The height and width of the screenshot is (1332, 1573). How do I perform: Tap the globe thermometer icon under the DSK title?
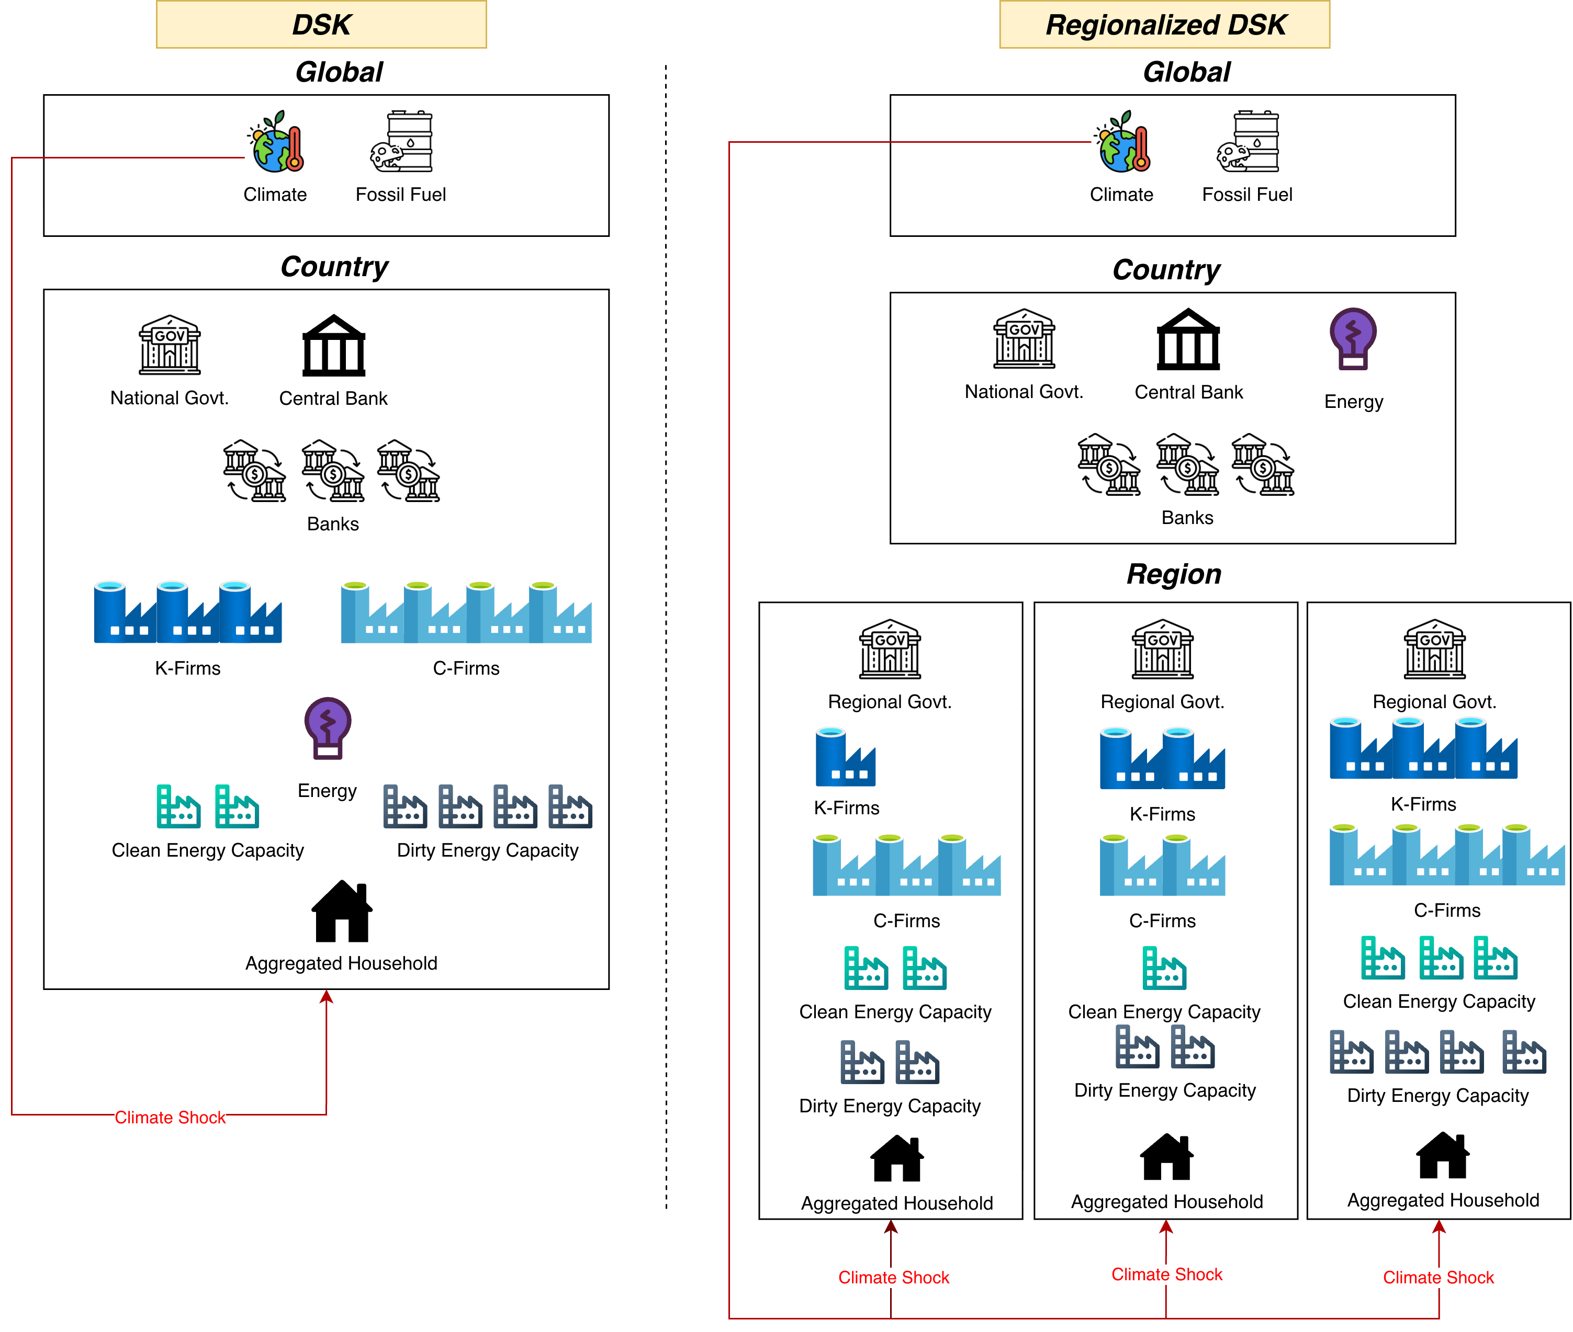pyautogui.click(x=278, y=143)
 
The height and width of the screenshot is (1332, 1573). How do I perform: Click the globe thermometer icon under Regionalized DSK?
pyautogui.click(x=1125, y=143)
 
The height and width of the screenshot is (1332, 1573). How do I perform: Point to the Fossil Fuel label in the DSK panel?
pyautogui.click(x=401, y=195)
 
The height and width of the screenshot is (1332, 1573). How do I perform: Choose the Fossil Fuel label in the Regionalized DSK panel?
pyautogui.click(x=1248, y=195)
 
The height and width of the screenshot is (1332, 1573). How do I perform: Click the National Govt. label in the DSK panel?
pyautogui.click(x=170, y=398)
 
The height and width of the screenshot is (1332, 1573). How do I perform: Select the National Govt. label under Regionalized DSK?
pyautogui.click(x=1025, y=392)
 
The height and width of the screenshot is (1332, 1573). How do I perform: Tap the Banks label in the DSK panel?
pyautogui.click(x=332, y=524)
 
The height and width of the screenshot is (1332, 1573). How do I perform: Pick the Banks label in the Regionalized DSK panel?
pyautogui.click(x=1188, y=518)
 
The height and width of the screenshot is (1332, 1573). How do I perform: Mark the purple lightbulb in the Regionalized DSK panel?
pyautogui.click(x=1353, y=337)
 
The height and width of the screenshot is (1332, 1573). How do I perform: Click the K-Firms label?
pyautogui.click(x=847, y=808)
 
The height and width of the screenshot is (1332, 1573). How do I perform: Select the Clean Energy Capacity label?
pyautogui.click(x=1164, y=1012)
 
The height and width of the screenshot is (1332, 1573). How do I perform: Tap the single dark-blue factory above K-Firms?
pyautogui.click(x=846, y=757)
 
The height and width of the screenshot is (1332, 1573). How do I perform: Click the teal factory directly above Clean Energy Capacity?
pyautogui.click(x=1164, y=967)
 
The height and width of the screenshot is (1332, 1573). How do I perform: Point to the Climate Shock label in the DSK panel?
pyautogui.click(x=170, y=1118)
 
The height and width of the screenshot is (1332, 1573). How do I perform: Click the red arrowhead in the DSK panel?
pyautogui.click(x=327, y=997)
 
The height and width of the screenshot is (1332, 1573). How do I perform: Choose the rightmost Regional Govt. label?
pyautogui.click(x=1434, y=702)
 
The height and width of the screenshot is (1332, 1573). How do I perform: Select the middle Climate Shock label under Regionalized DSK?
pyautogui.click(x=1166, y=1274)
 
